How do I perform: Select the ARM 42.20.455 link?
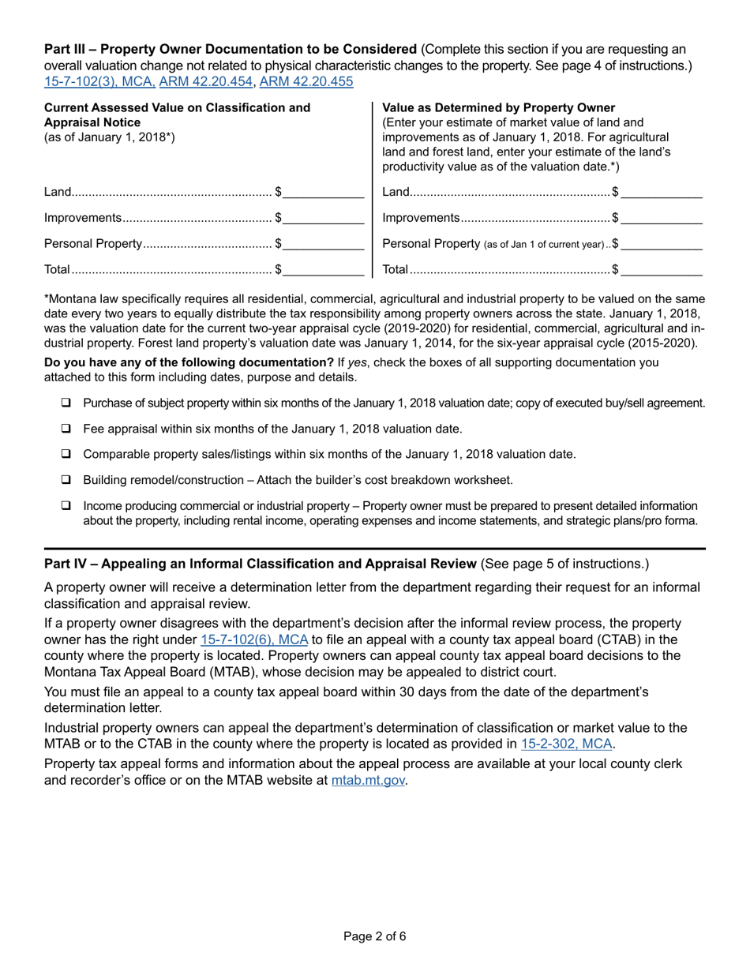click(x=306, y=81)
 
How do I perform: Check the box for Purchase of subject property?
click(x=66, y=403)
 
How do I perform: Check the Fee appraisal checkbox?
click(x=66, y=429)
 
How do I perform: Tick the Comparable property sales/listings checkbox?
click(x=66, y=454)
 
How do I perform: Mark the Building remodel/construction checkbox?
click(x=66, y=480)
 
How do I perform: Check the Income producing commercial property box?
click(x=66, y=505)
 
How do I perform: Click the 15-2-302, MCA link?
click(x=566, y=744)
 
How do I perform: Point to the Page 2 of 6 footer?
click(x=375, y=937)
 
